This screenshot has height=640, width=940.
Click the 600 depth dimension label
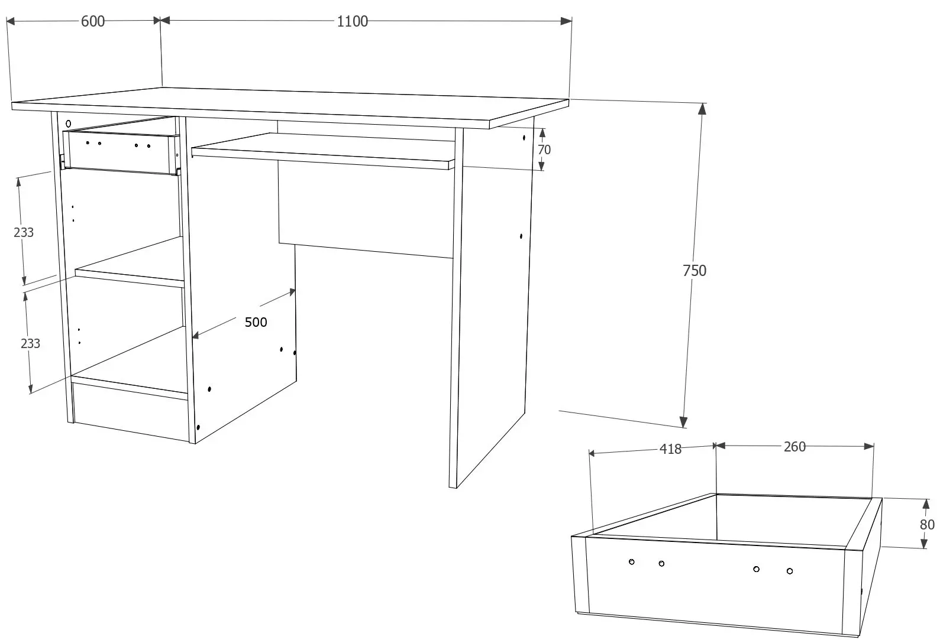[93, 21]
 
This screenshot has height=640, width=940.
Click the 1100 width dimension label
[352, 22]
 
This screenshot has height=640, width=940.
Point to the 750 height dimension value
[694, 271]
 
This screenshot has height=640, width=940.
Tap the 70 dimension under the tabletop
[544, 150]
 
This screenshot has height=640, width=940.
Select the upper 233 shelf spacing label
[24, 232]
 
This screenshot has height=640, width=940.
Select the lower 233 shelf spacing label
[30, 343]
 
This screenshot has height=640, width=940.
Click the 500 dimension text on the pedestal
[256, 322]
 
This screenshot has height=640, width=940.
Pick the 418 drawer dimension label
[670, 449]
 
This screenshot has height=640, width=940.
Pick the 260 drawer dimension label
[794, 447]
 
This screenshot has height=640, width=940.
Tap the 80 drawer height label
[927, 524]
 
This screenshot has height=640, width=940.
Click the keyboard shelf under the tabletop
[322, 151]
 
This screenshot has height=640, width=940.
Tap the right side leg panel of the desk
[491, 295]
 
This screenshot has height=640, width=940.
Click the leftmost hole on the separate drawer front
[632, 561]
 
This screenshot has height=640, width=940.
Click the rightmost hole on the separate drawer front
[790, 571]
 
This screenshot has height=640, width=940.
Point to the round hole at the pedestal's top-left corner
[68, 124]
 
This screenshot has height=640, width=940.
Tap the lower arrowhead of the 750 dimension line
[683, 421]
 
